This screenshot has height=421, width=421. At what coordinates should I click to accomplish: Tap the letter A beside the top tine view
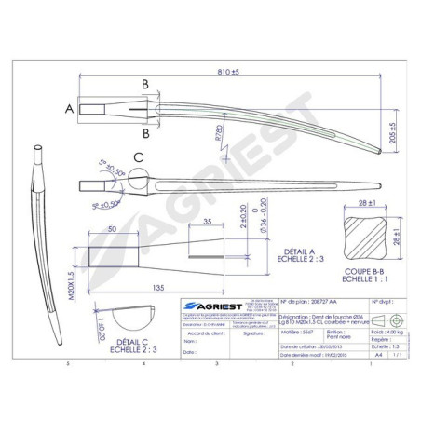pyautogui.click(x=69, y=109)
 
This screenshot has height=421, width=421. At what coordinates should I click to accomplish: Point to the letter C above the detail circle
pyautogui.click(x=137, y=157)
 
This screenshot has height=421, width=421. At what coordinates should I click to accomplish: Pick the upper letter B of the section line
pyautogui.click(x=144, y=84)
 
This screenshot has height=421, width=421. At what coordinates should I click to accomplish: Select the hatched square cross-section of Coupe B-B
pyautogui.click(x=360, y=237)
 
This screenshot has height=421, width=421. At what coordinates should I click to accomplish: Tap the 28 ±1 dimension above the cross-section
pyautogui.click(x=360, y=201)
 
